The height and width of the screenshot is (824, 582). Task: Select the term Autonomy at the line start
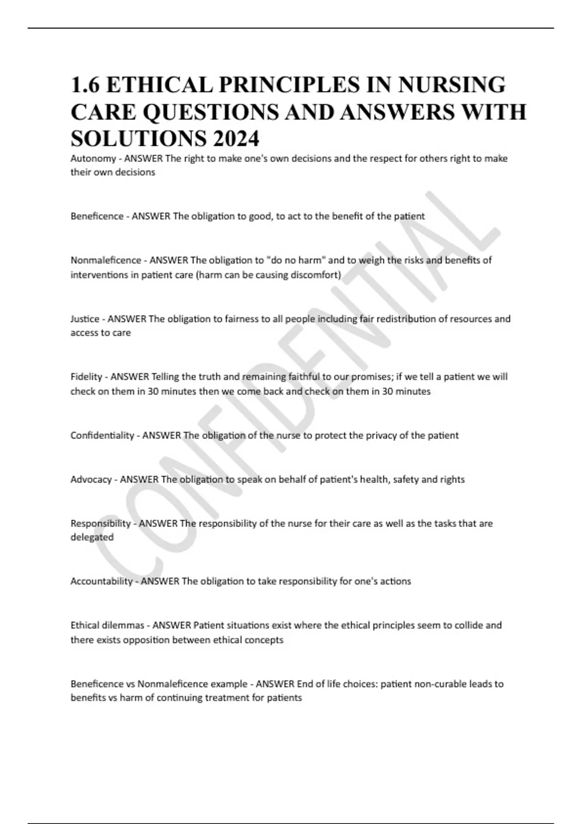93,158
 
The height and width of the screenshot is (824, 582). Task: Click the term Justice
85,319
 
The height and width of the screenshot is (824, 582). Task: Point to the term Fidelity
86,377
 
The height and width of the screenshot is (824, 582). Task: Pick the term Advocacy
91,479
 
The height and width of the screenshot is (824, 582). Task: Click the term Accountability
101,581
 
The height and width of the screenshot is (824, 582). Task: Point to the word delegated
92,537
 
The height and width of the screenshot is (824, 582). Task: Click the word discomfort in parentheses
316,275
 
